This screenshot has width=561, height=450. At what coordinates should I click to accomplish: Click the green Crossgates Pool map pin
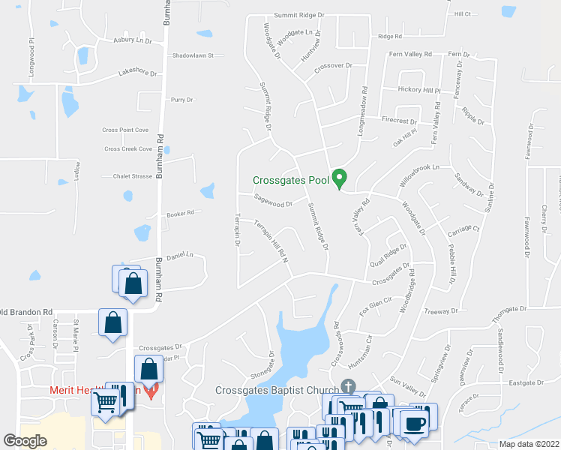coord(339,178)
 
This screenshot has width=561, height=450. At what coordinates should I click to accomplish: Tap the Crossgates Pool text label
coord(290,180)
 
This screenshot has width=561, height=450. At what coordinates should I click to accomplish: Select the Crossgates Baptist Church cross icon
coord(347,386)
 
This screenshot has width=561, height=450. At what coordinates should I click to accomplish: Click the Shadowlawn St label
coord(193,55)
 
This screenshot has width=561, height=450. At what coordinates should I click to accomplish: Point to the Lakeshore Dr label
coord(137,73)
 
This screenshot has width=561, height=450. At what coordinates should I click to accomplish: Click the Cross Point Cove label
coord(125,130)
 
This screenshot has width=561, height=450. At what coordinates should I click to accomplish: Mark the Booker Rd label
coord(180,213)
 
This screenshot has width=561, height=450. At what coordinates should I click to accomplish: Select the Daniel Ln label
coord(179,255)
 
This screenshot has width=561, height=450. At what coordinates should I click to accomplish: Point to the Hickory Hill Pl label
coord(418,90)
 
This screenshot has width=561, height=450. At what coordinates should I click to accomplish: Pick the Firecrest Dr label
coord(398,120)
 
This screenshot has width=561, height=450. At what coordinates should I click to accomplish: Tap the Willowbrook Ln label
coord(418,177)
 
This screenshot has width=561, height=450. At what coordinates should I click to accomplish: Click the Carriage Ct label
coord(463,227)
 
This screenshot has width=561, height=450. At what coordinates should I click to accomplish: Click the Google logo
coord(25,441)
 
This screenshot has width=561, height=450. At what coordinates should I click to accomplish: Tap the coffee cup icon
coord(414,424)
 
